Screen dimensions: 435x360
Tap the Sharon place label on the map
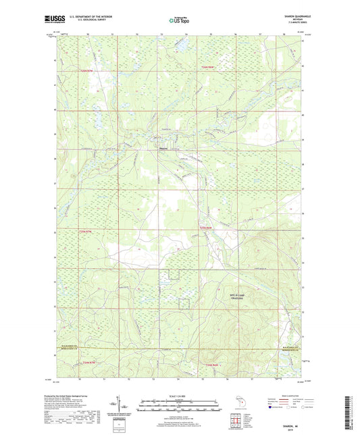coord(163,149)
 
